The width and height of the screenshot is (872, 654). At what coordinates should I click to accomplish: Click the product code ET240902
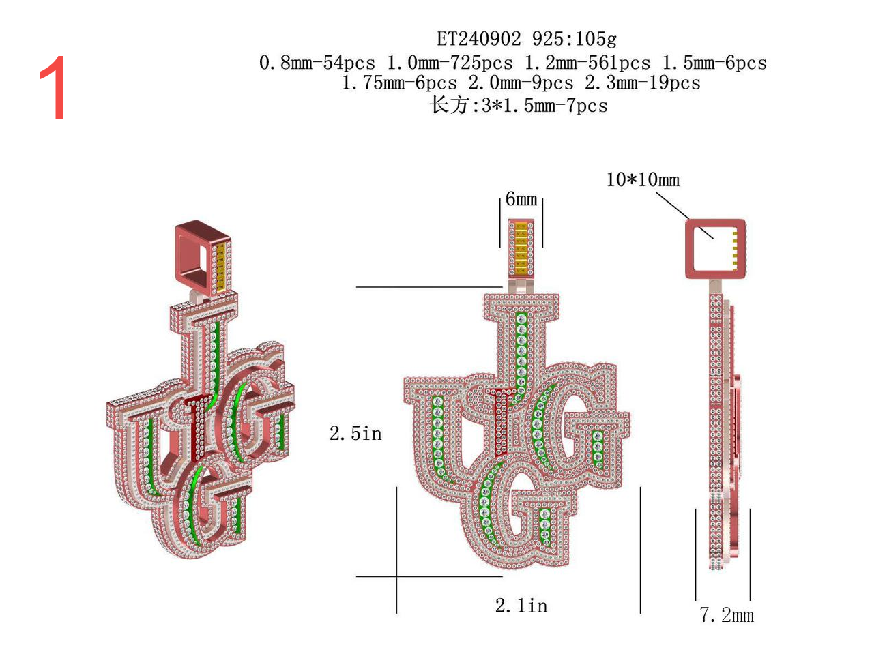(478, 39)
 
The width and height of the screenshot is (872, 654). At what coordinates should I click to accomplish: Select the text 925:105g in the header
(575, 39)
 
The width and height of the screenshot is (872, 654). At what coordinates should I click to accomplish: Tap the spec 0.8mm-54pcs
(317, 63)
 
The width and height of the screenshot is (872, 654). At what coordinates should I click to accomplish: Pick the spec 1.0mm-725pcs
(450, 63)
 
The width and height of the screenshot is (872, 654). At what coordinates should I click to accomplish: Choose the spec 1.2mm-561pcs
(587, 63)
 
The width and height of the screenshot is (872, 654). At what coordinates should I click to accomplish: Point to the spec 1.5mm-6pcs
(714, 63)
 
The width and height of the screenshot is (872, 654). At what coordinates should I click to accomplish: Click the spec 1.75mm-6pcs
(399, 83)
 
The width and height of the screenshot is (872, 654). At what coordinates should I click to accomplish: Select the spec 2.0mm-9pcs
(521, 83)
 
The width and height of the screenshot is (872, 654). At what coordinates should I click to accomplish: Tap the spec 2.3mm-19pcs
(642, 83)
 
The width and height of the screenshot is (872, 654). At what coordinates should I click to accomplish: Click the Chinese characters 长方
(449, 106)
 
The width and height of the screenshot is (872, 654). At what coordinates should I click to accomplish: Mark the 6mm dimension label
(521, 198)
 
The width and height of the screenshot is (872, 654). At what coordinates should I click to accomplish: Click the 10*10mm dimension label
(642, 179)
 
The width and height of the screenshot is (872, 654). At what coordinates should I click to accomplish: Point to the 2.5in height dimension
(355, 433)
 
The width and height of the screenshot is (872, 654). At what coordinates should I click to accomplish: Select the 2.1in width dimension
(521, 606)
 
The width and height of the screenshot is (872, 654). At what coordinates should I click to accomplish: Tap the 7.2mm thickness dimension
(726, 615)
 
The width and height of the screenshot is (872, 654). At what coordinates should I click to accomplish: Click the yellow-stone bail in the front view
(521, 248)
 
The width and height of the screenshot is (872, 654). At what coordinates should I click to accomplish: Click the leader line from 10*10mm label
(684, 215)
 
